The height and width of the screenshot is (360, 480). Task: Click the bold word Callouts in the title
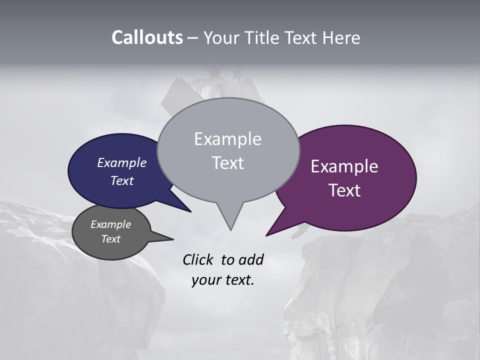click(x=147, y=37)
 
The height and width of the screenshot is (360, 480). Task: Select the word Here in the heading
click(x=340, y=38)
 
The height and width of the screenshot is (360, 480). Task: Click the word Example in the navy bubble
click(x=121, y=162)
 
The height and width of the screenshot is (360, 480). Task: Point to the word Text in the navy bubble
click(x=121, y=180)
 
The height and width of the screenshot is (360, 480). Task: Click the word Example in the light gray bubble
click(x=227, y=139)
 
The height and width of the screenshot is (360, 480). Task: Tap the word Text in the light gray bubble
click(x=227, y=163)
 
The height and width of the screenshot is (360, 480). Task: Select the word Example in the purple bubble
click(x=344, y=166)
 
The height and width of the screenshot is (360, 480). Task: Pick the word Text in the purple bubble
click(x=344, y=190)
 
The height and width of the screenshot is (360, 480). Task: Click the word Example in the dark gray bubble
click(x=110, y=224)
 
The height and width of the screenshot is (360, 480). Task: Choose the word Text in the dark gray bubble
click(x=110, y=239)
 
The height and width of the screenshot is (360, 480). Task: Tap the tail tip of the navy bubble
click(x=190, y=211)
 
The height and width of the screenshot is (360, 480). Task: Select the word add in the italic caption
click(x=250, y=259)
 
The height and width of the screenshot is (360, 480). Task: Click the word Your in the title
click(x=221, y=38)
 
